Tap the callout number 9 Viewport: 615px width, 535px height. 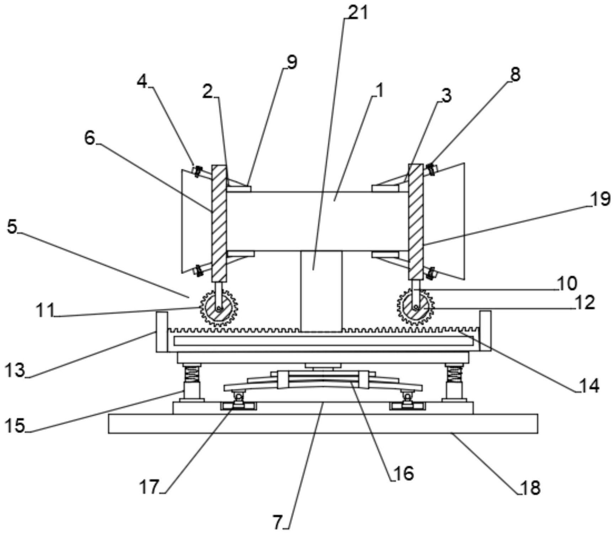[x=292, y=63]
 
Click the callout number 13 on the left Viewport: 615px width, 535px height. [x=15, y=370]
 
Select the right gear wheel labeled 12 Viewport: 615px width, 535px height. [x=416, y=307]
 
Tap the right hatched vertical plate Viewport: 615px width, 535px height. [x=416, y=222]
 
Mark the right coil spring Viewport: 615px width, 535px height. [x=455, y=373]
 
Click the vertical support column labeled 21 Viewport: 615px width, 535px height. [x=321, y=291]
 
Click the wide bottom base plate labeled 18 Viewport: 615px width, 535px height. [x=323, y=423]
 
